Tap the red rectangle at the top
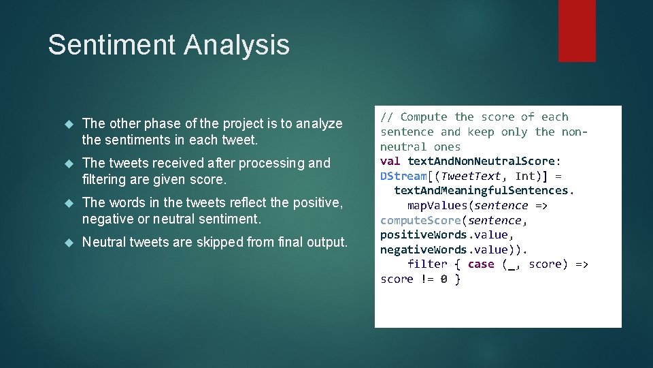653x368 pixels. pos(577,31)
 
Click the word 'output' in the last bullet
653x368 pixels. pos(324,242)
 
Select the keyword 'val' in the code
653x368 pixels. pos(390,161)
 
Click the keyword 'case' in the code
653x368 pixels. pos(481,264)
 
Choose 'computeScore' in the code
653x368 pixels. pos(420,220)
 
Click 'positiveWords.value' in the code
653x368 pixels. pos(443,234)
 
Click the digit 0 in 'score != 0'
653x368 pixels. pos(443,279)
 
